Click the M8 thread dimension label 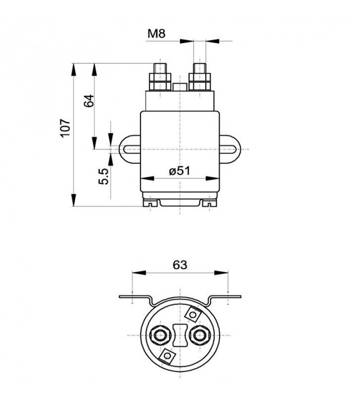156,33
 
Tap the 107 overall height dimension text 65,128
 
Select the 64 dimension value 89,101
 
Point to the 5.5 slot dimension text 103,176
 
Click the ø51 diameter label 180,171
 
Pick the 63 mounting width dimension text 180,265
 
